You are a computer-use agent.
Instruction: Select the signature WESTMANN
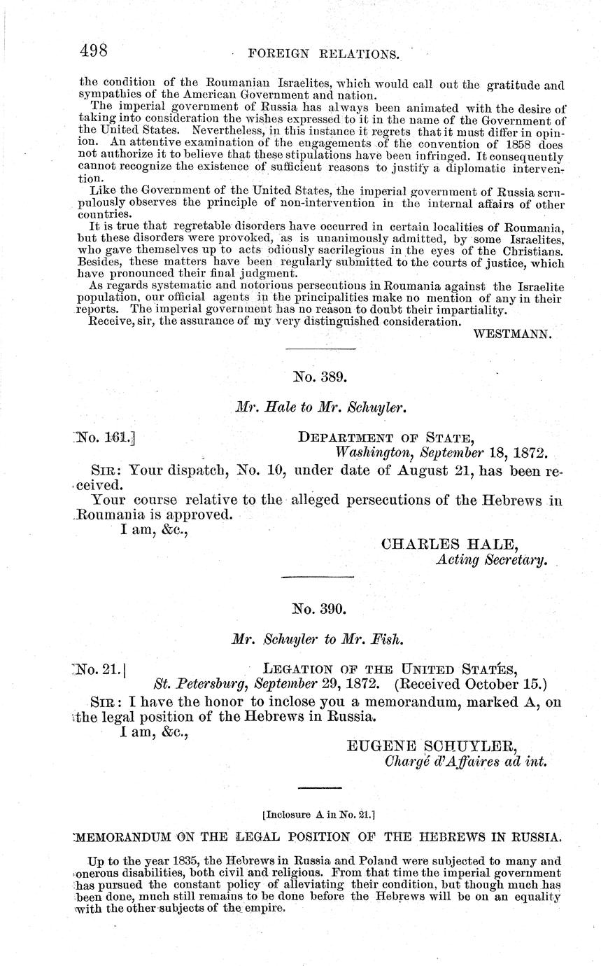513,334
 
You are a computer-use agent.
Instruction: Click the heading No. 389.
319,377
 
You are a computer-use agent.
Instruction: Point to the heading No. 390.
319,609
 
